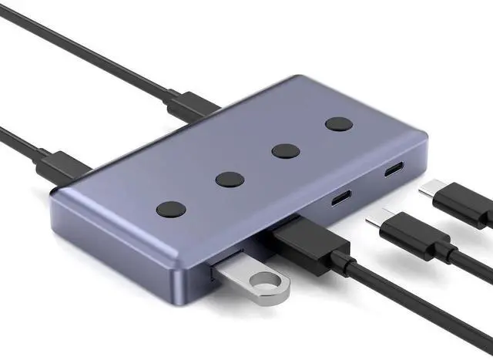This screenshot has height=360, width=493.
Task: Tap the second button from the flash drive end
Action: [230, 180]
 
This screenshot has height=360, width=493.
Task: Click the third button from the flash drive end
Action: [286, 150]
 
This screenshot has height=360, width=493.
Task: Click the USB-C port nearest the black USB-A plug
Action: [340, 198]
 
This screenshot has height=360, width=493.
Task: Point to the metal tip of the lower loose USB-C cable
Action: [375, 220]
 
